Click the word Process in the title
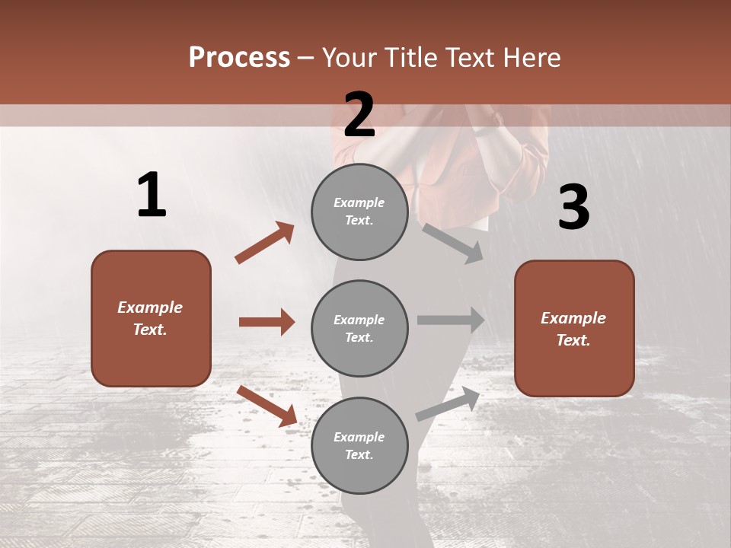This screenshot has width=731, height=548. click(239, 58)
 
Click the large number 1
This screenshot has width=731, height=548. click(152, 196)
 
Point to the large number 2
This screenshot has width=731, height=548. click(359, 115)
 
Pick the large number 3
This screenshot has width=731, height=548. click(573, 207)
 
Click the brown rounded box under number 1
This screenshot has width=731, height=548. click(151, 318)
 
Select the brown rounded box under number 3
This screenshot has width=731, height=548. click(574, 328)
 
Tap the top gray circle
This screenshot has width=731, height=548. click(359, 212)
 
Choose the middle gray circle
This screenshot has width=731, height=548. click(359, 328)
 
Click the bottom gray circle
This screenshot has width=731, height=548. click(359, 445)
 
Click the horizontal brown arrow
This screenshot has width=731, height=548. click(267, 322)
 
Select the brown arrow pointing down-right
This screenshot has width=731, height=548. click(267, 406)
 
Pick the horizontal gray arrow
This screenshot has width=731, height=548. click(451, 320)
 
